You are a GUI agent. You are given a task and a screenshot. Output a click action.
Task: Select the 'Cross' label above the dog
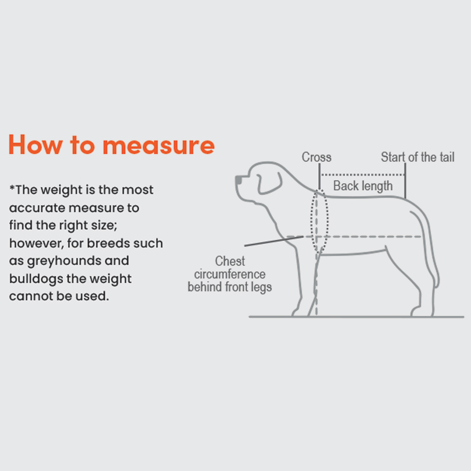pyautogui.click(x=316, y=157)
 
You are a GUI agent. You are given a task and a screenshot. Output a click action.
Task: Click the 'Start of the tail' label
pyautogui.click(x=418, y=157)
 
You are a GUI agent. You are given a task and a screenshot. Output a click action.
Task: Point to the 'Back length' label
pyautogui.click(x=363, y=186)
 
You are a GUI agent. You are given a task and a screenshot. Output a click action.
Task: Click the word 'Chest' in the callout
pyautogui.click(x=230, y=261)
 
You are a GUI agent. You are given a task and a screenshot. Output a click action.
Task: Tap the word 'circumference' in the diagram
pyautogui.click(x=230, y=274)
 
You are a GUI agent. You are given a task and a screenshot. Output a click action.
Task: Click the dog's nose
pyautogui.click(x=238, y=180)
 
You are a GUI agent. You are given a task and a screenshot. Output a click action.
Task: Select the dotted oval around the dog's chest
pyautogui.click(x=327, y=221)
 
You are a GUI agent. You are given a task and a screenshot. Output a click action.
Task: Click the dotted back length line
pyautogui.click(x=363, y=175)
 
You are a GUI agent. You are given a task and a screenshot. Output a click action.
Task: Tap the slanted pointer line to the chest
pyautogui.click(x=274, y=241)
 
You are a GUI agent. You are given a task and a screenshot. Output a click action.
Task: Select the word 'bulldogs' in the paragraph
pyautogui.click(x=36, y=279)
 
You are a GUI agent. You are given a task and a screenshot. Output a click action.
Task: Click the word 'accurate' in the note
pyautogui.click(x=37, y=208)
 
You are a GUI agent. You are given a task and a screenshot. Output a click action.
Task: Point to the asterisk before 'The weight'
pyautogui.click(x=12, y=188)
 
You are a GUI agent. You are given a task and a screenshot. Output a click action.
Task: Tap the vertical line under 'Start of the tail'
pyautogui.click(x=405, y=181)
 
